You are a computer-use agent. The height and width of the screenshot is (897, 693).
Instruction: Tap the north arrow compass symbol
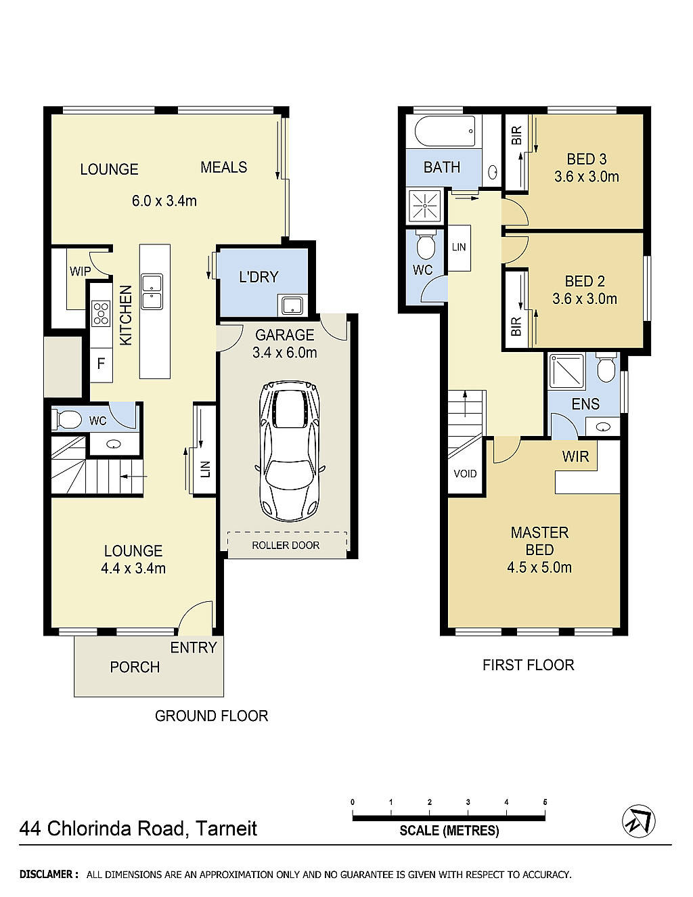pos(638,821)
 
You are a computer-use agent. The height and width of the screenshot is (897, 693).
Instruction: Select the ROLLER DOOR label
pos(286,545)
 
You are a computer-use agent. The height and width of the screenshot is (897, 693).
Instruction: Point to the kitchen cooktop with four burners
pos(101,313)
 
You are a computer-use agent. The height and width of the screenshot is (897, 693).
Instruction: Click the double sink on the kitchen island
pos(152,291)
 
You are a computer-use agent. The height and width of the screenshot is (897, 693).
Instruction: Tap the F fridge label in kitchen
pos(101,364)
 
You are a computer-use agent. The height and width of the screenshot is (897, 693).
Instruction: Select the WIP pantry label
pos(80,271)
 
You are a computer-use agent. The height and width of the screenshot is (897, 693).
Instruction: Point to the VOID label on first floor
pos(465,473)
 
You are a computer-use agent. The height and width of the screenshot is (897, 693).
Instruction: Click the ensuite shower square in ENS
pos(566,371)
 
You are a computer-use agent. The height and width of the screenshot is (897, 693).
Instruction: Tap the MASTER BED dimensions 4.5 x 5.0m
pos(539,568)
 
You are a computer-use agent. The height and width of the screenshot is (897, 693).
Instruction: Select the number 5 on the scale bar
pos(545,802)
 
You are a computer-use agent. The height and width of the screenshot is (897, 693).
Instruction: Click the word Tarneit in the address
pos(226,829)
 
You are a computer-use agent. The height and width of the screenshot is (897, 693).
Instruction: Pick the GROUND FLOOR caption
pos(211,716)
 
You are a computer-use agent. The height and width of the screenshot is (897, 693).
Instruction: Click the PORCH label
pos(135,667)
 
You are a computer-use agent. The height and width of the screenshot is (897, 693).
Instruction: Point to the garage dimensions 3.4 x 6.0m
pos(284,353)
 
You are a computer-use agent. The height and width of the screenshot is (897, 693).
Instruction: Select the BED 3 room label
pos(586,159)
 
